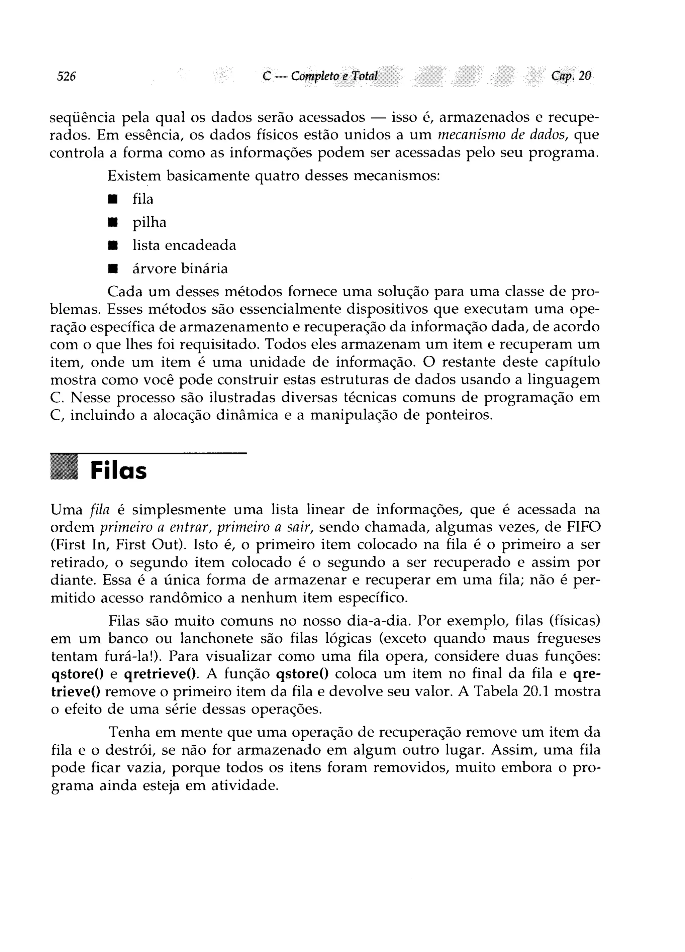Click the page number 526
[x=66, y=76]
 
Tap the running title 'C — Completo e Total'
[x=320, y=76]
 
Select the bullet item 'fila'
[x=143, y=199]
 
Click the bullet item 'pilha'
[x=149, y=222]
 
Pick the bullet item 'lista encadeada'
[x=184, y=245]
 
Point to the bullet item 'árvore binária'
[x=180, y=268]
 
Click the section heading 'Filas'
[x=118, y=471]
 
